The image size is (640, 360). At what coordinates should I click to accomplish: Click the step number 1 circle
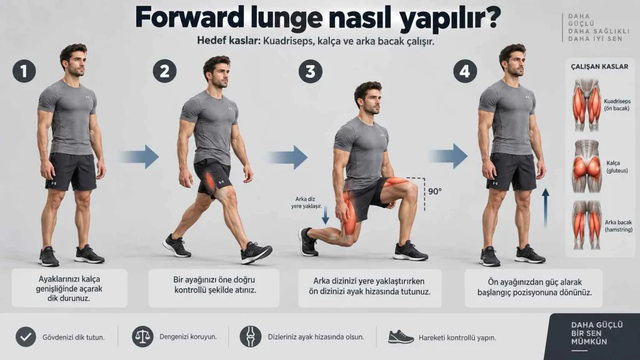(24, 71)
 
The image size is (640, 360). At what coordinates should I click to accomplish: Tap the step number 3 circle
(310, 71)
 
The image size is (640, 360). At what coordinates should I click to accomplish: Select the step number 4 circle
(465, 71)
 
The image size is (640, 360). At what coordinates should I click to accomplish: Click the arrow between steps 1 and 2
(139, 157)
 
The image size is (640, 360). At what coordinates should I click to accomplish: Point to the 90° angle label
(435, 191)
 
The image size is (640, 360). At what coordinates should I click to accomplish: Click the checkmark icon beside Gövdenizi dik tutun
(26, 337)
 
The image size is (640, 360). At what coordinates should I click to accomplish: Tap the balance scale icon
(142, 337)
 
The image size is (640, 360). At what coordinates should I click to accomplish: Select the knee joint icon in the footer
(251, 337)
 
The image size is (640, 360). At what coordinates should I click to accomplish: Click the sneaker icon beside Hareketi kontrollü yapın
(401, 337)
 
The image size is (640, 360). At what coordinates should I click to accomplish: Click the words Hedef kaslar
(228, 41)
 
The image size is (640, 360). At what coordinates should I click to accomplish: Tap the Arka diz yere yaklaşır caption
(306, 203)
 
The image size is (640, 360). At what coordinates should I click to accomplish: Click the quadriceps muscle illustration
(586, 105)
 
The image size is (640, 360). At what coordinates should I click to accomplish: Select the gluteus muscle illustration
(586, 166)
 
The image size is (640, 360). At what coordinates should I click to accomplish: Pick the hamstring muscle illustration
(586, 225)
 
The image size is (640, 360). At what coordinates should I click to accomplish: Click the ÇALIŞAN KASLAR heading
(599, 66)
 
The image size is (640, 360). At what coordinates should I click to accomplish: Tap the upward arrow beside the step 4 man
(545, 207)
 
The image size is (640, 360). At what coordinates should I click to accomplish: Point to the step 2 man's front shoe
(256, 252)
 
